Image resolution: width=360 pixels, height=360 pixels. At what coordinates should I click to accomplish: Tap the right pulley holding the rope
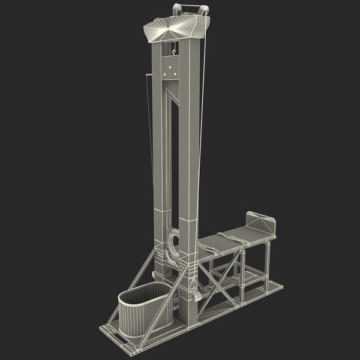[205, 10]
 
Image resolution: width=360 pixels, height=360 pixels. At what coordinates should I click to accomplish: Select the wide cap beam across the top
[177, 27]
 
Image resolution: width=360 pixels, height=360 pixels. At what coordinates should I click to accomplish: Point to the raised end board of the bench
[262, 223]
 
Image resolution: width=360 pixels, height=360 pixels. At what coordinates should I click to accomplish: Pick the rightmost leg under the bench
[268, 267]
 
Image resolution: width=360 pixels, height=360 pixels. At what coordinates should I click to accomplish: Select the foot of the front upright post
[189, 321]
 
